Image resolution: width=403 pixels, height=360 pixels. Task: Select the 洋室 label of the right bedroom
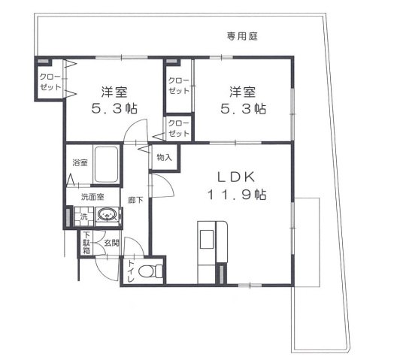[x=243, y=92]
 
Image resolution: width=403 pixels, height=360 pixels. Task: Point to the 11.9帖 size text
[x=237, y=195]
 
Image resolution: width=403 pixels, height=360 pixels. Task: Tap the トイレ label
[x=131, y=271]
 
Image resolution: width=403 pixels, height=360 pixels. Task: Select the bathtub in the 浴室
[x=106, y=164]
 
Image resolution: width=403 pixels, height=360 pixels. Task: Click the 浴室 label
[x=79, y=163]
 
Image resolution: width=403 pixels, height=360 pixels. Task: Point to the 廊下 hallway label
[x=135, y=200]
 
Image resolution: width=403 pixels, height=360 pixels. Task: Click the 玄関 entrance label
[x=111, y=243]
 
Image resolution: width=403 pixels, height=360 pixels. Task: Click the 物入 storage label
[x=164, y=158]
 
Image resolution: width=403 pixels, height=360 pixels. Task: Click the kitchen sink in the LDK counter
[x=207, y=240]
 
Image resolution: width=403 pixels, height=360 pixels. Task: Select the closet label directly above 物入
[x=178, y=129]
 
